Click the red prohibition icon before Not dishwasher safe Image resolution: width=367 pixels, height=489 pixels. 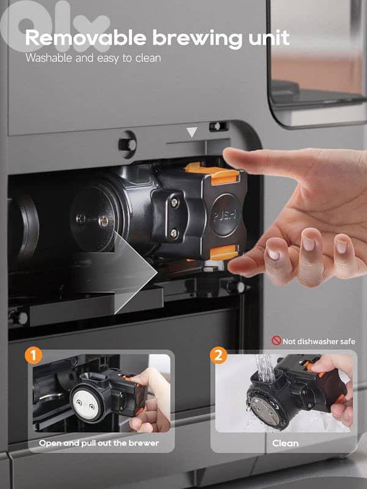276,341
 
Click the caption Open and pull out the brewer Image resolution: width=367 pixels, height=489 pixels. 99,443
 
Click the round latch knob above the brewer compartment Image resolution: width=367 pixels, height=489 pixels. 128,145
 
